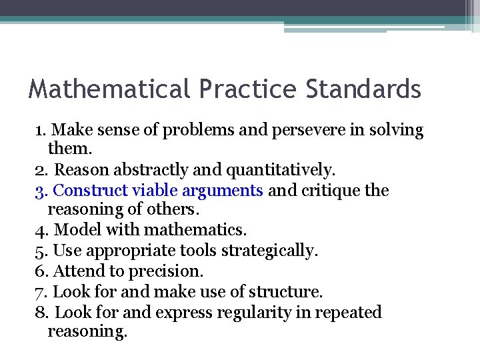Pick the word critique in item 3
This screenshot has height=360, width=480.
(x=330, y=191)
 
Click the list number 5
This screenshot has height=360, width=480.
(x=39, y=251)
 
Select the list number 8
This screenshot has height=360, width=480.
(x=39, y=312)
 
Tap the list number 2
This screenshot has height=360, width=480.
(x=39, y=171)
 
